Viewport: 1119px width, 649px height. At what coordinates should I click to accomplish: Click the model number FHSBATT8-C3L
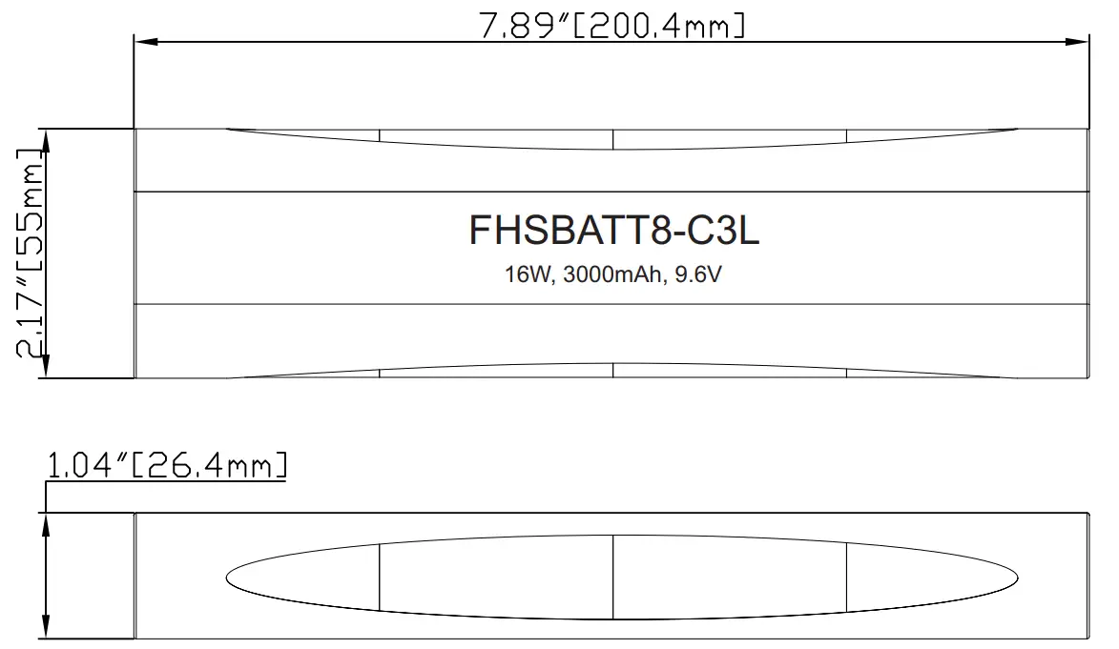613,232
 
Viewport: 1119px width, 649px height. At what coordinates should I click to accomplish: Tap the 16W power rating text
528,276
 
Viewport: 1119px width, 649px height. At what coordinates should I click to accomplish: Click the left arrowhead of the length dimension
143,41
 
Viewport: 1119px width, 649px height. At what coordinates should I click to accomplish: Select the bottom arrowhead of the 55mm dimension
46,370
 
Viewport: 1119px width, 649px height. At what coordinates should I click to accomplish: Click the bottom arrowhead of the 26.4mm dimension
46,630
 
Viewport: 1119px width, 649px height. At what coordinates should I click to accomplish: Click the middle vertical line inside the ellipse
612,577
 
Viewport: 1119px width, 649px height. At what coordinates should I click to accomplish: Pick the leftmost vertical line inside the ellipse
380,577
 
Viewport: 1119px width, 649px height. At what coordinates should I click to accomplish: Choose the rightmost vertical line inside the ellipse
846,577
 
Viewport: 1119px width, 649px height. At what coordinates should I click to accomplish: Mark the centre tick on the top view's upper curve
612,139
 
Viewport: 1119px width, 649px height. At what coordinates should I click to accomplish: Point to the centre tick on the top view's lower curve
612,371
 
